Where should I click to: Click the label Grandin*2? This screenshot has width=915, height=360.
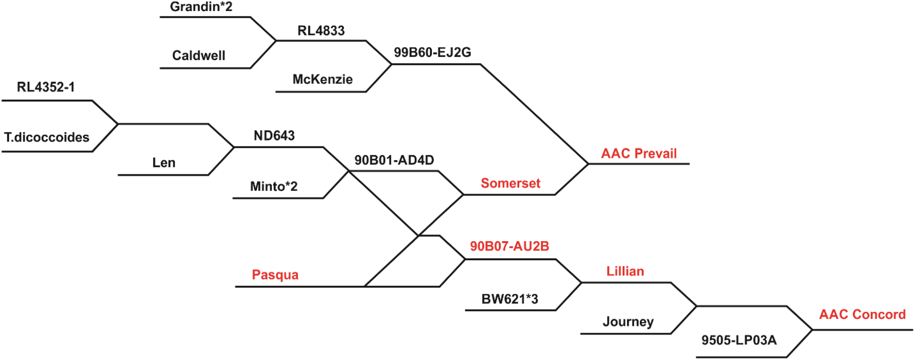pos(201,7)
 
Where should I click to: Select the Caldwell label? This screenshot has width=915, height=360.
pos(199,56)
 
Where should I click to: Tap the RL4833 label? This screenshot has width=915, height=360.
pos(321,31)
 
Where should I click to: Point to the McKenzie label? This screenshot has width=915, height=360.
pos(322,79)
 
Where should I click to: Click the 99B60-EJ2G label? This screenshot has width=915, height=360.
pos(432,53)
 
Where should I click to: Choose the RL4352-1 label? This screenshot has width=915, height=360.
pos(46,87)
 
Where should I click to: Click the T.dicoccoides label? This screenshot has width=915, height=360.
pos(47,138)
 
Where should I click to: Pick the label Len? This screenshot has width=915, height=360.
pos(164,163)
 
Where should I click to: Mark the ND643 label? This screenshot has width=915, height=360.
pos(274,136)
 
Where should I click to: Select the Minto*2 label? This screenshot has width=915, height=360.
pos(274,187)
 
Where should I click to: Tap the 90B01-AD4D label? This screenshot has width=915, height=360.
pos(394,160)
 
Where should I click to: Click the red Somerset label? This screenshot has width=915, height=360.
pos(510,183)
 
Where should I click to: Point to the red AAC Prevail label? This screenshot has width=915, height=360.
pos(639,153)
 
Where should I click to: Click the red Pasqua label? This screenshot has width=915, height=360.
pos(275,275)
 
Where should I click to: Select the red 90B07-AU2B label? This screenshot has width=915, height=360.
pos(509,246)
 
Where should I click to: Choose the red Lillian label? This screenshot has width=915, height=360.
pos(625,271)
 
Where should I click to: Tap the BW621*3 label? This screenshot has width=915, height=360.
pos(509,299)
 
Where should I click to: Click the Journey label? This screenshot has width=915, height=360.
pos(628,322)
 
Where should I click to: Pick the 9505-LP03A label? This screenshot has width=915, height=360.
pos(739,340)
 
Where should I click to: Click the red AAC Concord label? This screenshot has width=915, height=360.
pos(862,315)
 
